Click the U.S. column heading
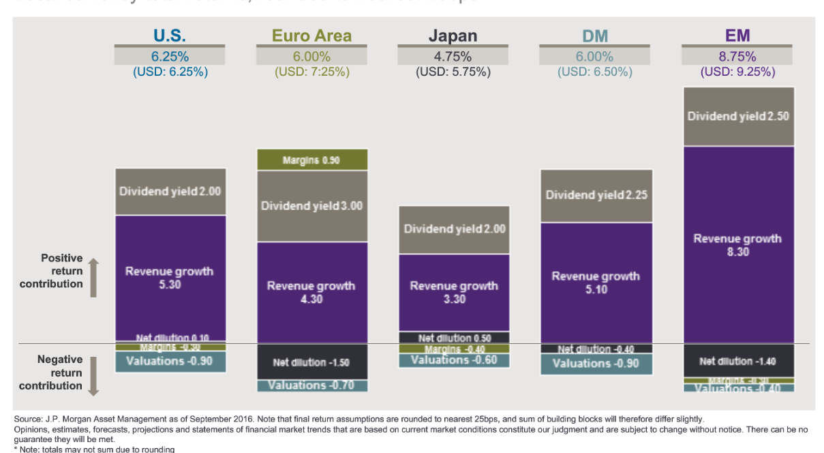170,35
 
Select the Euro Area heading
312,35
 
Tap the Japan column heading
453,35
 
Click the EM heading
738,35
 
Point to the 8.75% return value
738,57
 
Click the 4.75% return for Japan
453,57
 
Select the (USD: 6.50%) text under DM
595,72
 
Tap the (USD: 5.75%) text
453,72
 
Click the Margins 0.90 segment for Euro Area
311,160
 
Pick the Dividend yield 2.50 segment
738,117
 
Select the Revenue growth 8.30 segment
738,245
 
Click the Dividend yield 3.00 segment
311,205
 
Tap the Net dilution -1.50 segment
311,362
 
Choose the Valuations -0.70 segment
311,385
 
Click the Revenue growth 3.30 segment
454,292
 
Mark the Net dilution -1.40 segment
738,361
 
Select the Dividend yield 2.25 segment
596,195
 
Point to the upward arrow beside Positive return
93,278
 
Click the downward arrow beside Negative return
93,375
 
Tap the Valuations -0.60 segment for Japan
454,360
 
